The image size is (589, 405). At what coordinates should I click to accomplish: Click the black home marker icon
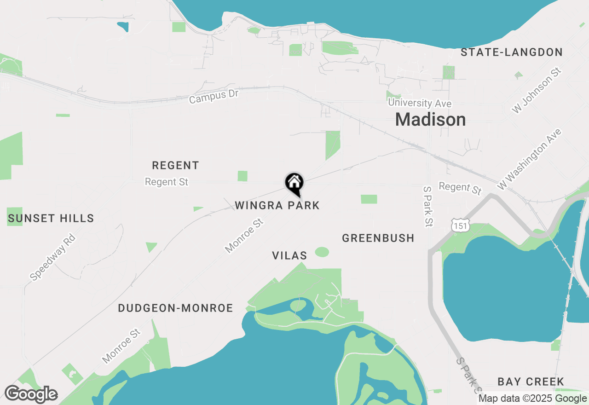click(294, 184)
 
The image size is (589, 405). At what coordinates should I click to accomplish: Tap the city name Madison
click(430, 120)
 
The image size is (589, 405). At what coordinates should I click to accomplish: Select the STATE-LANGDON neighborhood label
click(512, 52)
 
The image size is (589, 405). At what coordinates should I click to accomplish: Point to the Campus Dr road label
click(214, 97)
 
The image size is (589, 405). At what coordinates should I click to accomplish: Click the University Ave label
click(420, 104)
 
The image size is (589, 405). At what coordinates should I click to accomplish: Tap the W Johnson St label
click(537, 91)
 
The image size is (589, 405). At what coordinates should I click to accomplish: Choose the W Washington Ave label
click(529, 159)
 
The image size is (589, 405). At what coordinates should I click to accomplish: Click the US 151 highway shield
click(460, 225)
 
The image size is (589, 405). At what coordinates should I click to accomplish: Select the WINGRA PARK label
click(277, 205)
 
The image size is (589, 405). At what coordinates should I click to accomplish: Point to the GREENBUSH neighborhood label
click(378, 238)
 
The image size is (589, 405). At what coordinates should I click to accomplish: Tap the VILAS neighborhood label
click(289, 255)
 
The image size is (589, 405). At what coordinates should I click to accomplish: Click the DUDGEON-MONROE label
click(175, 308)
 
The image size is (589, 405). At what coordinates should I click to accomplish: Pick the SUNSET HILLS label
click(51, 218)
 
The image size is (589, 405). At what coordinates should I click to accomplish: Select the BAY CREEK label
click(531, 382)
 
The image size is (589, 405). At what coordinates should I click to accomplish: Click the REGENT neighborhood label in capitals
click(175, 165)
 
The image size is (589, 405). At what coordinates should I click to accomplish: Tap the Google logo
click(31, 394)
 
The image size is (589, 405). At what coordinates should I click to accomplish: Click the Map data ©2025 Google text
click(532, 399)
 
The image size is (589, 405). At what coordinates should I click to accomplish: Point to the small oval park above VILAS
click(322, 252)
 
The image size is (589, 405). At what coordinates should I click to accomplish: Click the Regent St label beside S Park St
click(460, 188)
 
